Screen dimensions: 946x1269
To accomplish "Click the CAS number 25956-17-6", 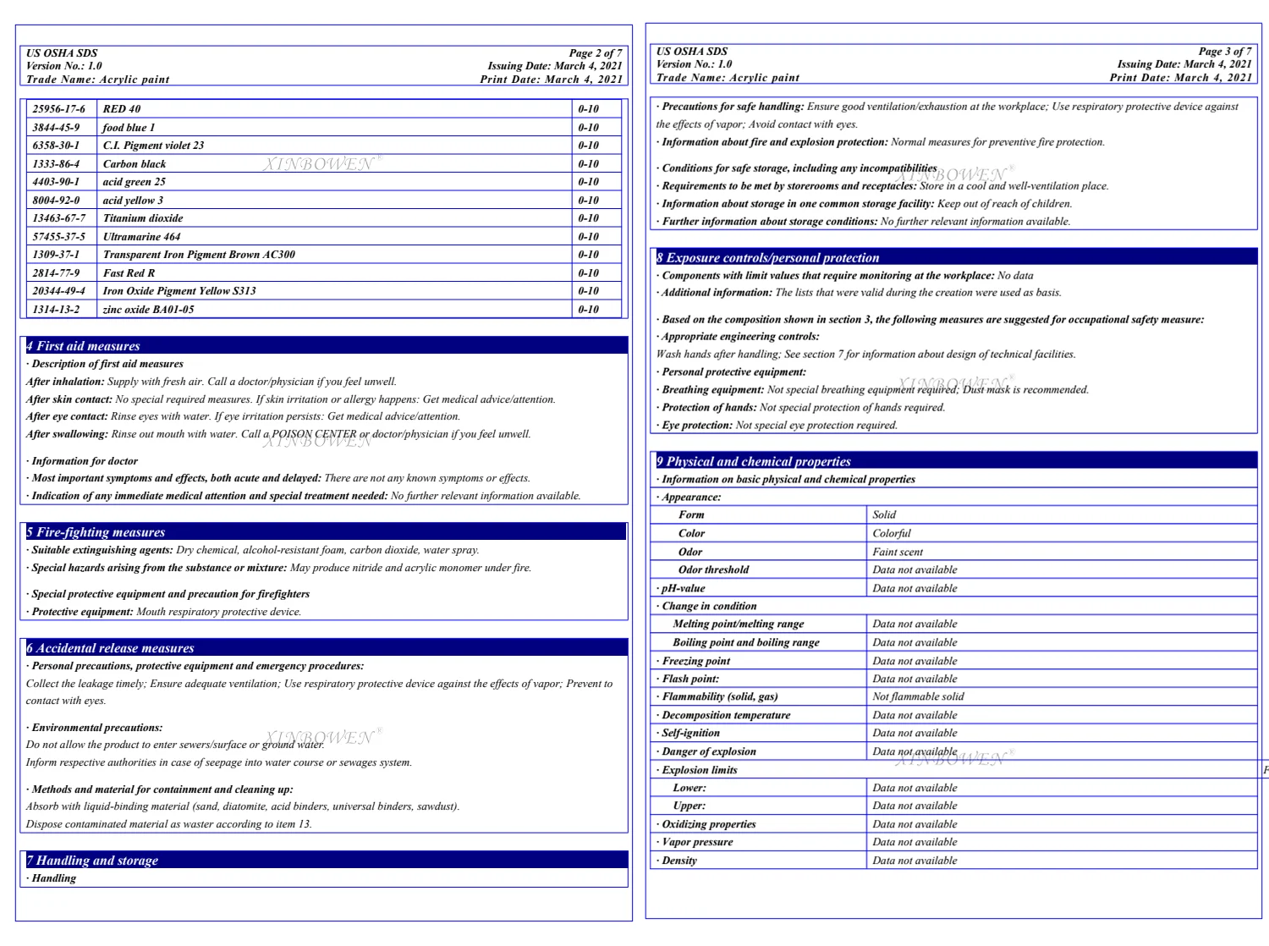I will [x=59, y=109].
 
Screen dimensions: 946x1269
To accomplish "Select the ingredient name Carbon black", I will [x=135, y=164].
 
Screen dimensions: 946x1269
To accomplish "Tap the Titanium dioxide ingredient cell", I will [x=143, y=218].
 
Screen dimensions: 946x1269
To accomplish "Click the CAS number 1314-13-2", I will [x=57, y=310].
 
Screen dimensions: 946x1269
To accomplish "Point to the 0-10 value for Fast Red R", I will [x=588, y=273].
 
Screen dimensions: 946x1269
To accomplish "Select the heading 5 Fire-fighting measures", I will [x=96, y=532].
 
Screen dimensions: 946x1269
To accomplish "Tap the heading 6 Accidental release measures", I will [x=110, y=648].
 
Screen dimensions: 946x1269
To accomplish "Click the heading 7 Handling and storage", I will [x=92, y=861].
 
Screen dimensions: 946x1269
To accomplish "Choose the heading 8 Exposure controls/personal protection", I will [x=768, y=258].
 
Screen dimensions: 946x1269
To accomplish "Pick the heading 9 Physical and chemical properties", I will [x=754, y=461].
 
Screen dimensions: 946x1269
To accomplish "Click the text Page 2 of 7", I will [x=596, y=52].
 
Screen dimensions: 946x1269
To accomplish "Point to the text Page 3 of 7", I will [x=1225, y=52].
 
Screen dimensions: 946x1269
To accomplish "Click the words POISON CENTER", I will [x=314, y=434].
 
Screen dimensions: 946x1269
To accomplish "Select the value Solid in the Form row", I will [x=884, y=514].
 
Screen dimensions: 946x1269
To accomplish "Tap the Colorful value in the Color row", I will [x=892, y=533].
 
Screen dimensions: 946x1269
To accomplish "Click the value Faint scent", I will [x=898, y=552].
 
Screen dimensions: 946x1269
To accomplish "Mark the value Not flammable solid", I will [x=918, y=696].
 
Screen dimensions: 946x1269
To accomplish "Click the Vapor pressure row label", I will [x=697, y=842].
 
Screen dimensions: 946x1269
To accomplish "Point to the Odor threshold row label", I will [x=713, y=569].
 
